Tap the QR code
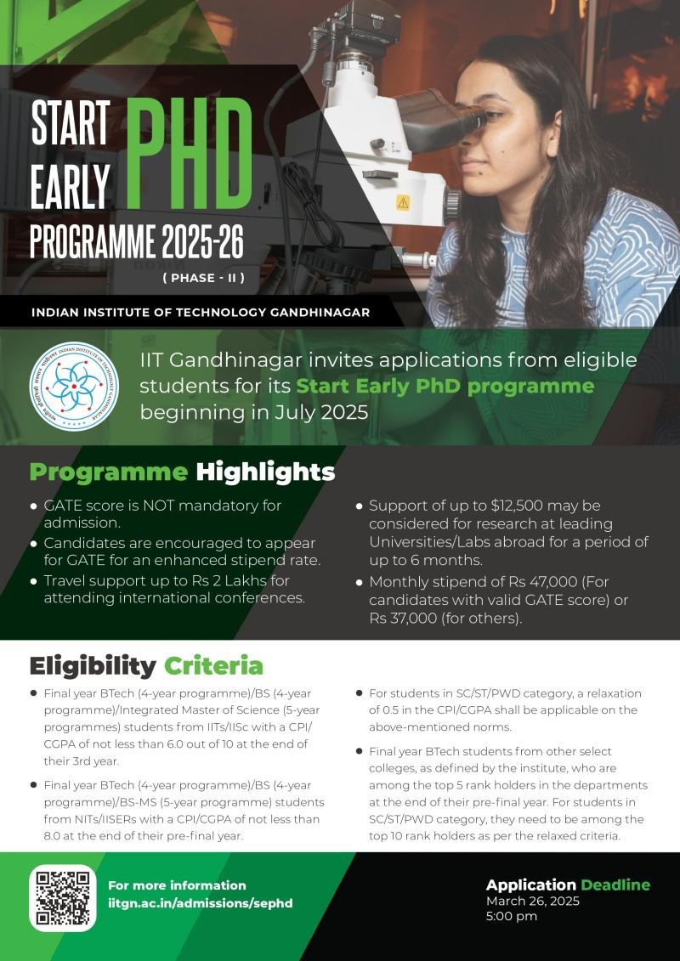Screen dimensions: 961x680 (63, 897)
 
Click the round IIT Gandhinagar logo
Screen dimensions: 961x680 (74, 385)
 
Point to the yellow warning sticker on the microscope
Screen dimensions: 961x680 (402, 202)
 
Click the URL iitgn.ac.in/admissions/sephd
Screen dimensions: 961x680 (200, 903)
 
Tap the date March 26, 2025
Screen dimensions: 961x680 (533, 901)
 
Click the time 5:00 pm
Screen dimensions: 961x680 (512, 916)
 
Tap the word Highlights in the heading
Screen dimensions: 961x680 (265, 472)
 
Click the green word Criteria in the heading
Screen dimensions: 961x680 (213, 664)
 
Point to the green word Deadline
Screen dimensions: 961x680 (615, 885)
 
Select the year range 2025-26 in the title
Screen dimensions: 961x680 (201, 242)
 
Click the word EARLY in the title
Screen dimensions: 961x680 (71, 184)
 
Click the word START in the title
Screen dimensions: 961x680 (71, 124)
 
